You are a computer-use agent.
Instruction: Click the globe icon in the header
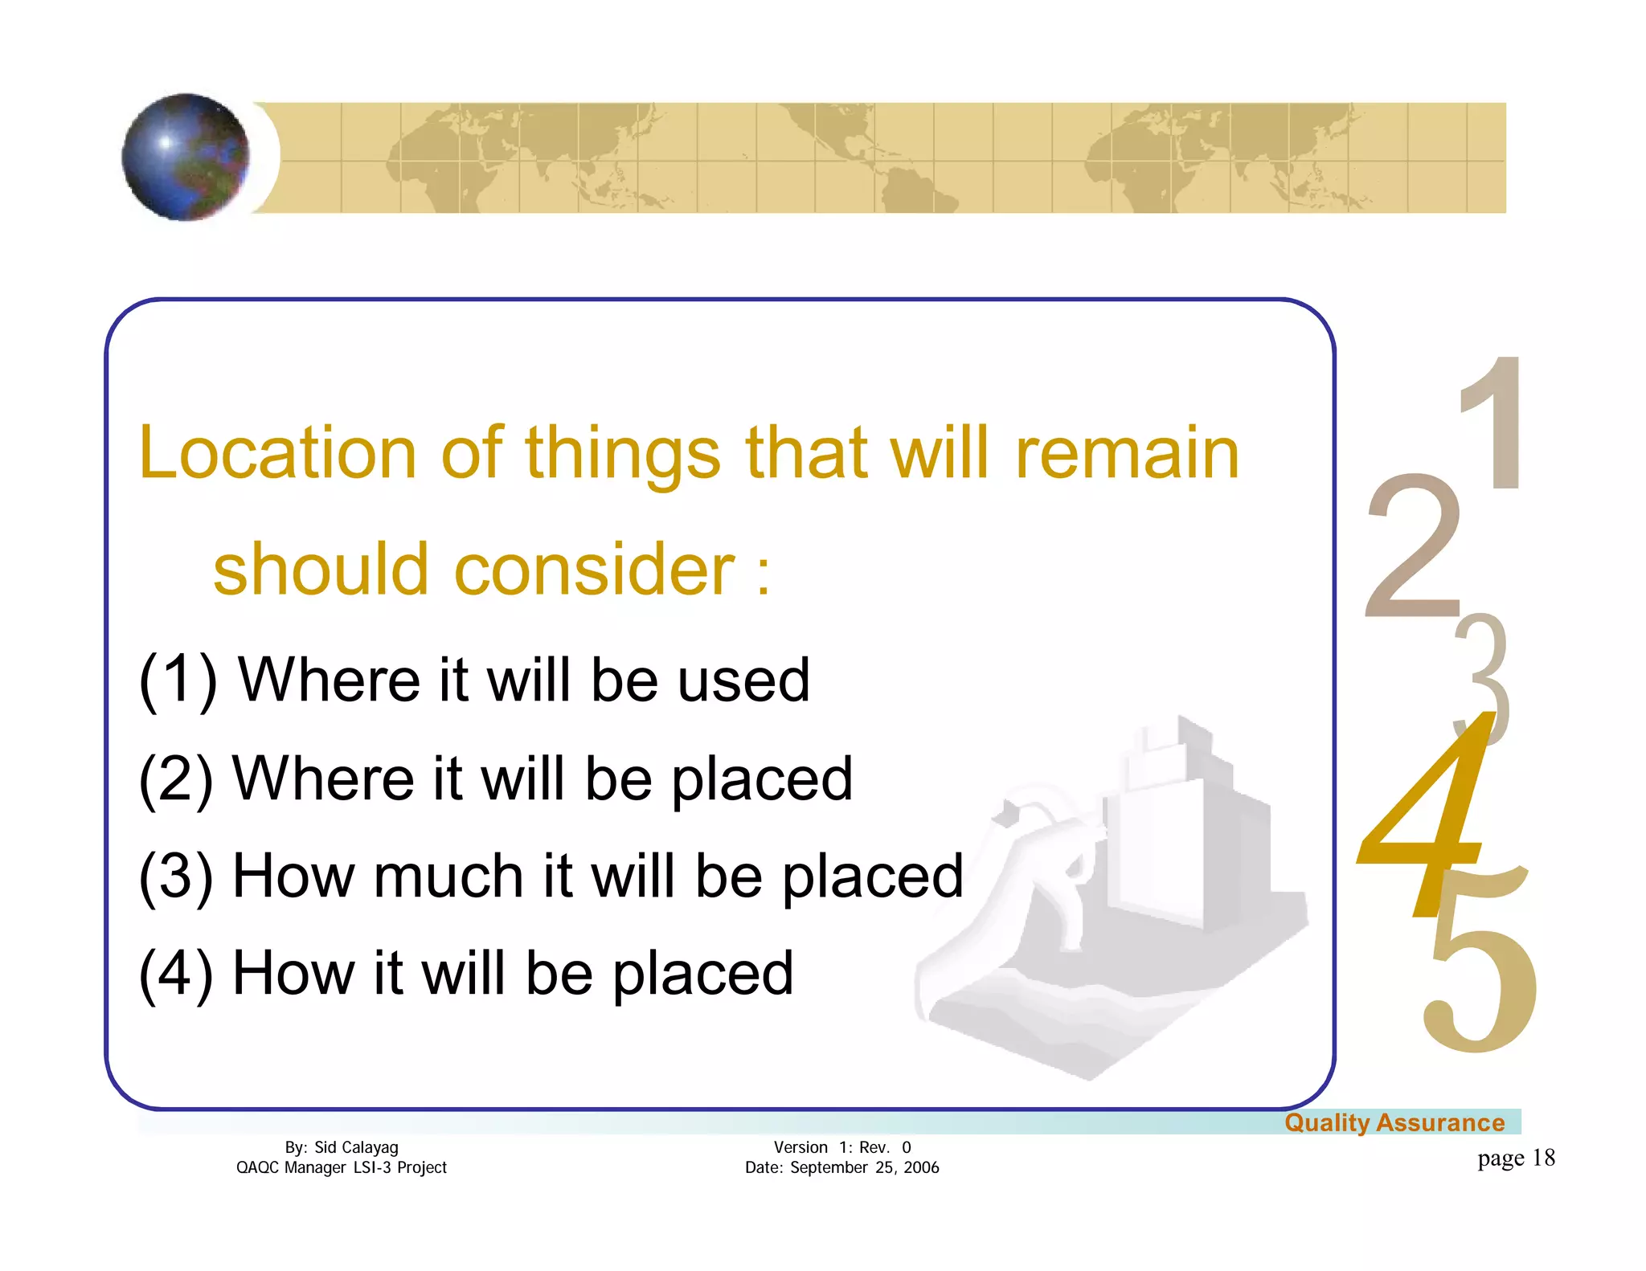pos(186,157)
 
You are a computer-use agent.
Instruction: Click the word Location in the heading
pos(277,453)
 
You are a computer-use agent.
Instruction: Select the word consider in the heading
pos(594,569)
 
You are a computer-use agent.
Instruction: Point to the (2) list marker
pos(176,779)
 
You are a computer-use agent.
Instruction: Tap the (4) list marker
pos(176,974)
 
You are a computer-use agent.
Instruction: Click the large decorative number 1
pos(1492,423)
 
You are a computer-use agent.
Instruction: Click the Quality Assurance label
pos(1394,1122)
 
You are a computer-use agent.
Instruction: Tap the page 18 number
pos(1515,1158)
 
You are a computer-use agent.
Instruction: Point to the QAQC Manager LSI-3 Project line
pos(341,1167)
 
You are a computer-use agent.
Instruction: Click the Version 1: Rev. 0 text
pos(841,1147)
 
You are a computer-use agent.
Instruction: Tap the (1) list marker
pos(178,680)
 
